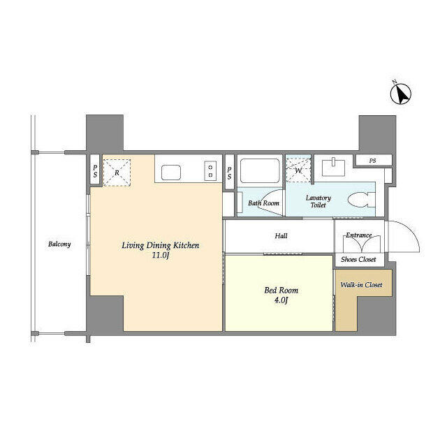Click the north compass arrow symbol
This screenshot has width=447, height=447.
pyautogui.click(x=400, y=93)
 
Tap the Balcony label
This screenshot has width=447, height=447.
pyautogui.click(x=59, y=244)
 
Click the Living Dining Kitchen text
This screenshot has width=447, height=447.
pyautogui.click(x=161, y=246)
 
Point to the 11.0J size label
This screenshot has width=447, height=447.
pyautogui.click(x=161, y=255)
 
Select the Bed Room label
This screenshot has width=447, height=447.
pyautogui.click(x=281, y=291)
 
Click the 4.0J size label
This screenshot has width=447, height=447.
pyautogui.click(x=281, y=300)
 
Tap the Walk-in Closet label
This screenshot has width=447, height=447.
pyautogui.click(x=361, y=285)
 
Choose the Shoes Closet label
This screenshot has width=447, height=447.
pyautogui.click(x=358, y=259)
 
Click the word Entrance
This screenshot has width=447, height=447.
pyautogui.click(x=358, y=235)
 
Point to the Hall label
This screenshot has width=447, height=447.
pyautogui.click(x=281, y=236)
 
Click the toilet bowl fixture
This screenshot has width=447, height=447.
pyautogui.click(x=362, y=200)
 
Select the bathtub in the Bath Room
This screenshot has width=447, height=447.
pyautogui.click(x=260, y=170)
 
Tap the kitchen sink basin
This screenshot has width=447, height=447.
pyautogui.click(x=171, y=173)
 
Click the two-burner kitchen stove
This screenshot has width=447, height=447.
pyautogui.click(x=210, y=170)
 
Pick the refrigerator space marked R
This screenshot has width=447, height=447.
pyautogui.click(x=117, y=173)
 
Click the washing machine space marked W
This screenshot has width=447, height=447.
pyautogui.click(x=298, y=170)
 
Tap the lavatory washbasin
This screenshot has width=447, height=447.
pyautogui.click(x=333, y=168)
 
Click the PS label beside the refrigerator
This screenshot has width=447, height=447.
pyautogui.click(x=95, y=170)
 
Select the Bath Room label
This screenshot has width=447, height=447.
pyautogui.click(x=263, y=203)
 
